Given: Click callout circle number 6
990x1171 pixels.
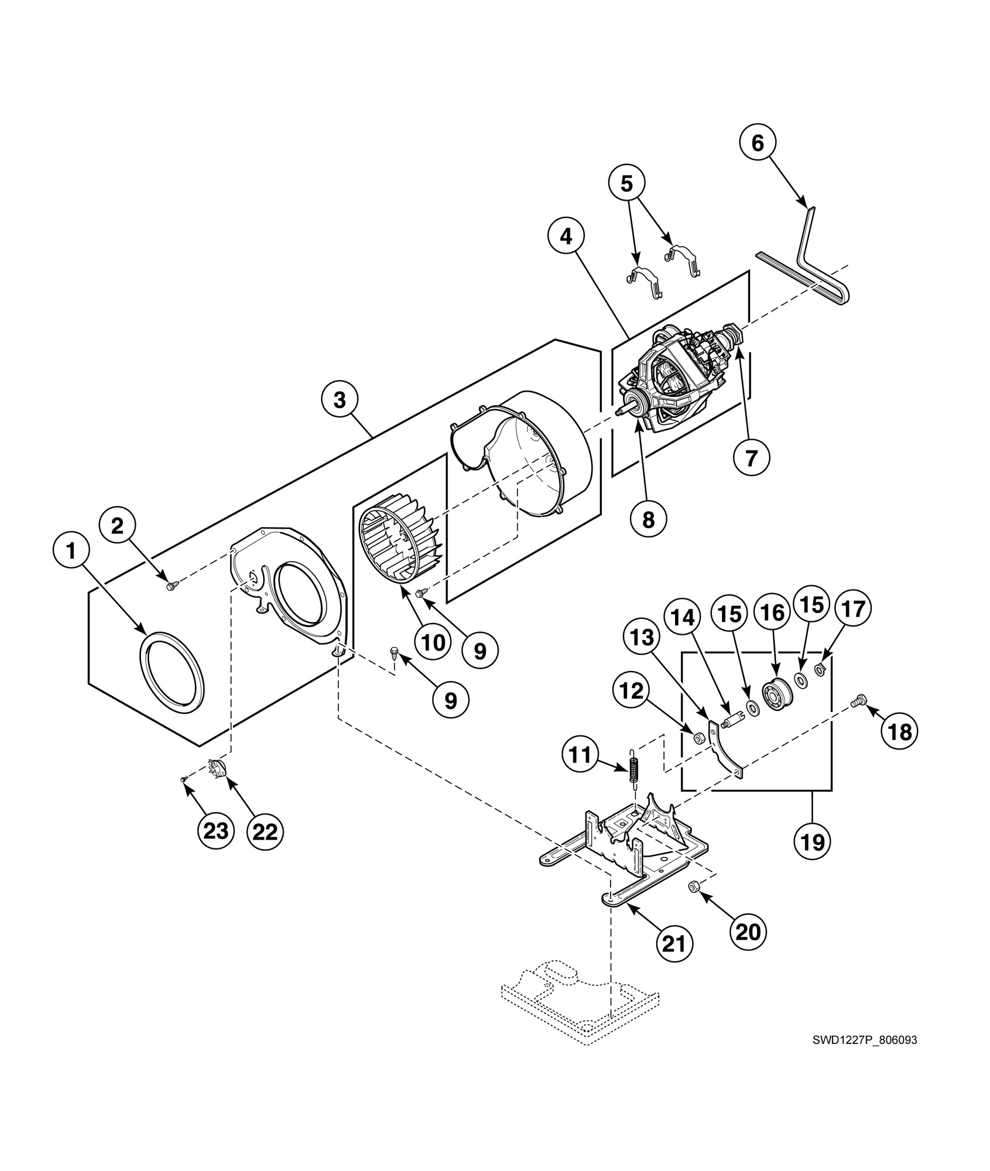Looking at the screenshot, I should (758, 143).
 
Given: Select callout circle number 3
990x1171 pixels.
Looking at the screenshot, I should (340, 400).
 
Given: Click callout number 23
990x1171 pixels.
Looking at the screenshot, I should (216, 830).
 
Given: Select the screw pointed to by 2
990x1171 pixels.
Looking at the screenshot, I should (171, 585).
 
